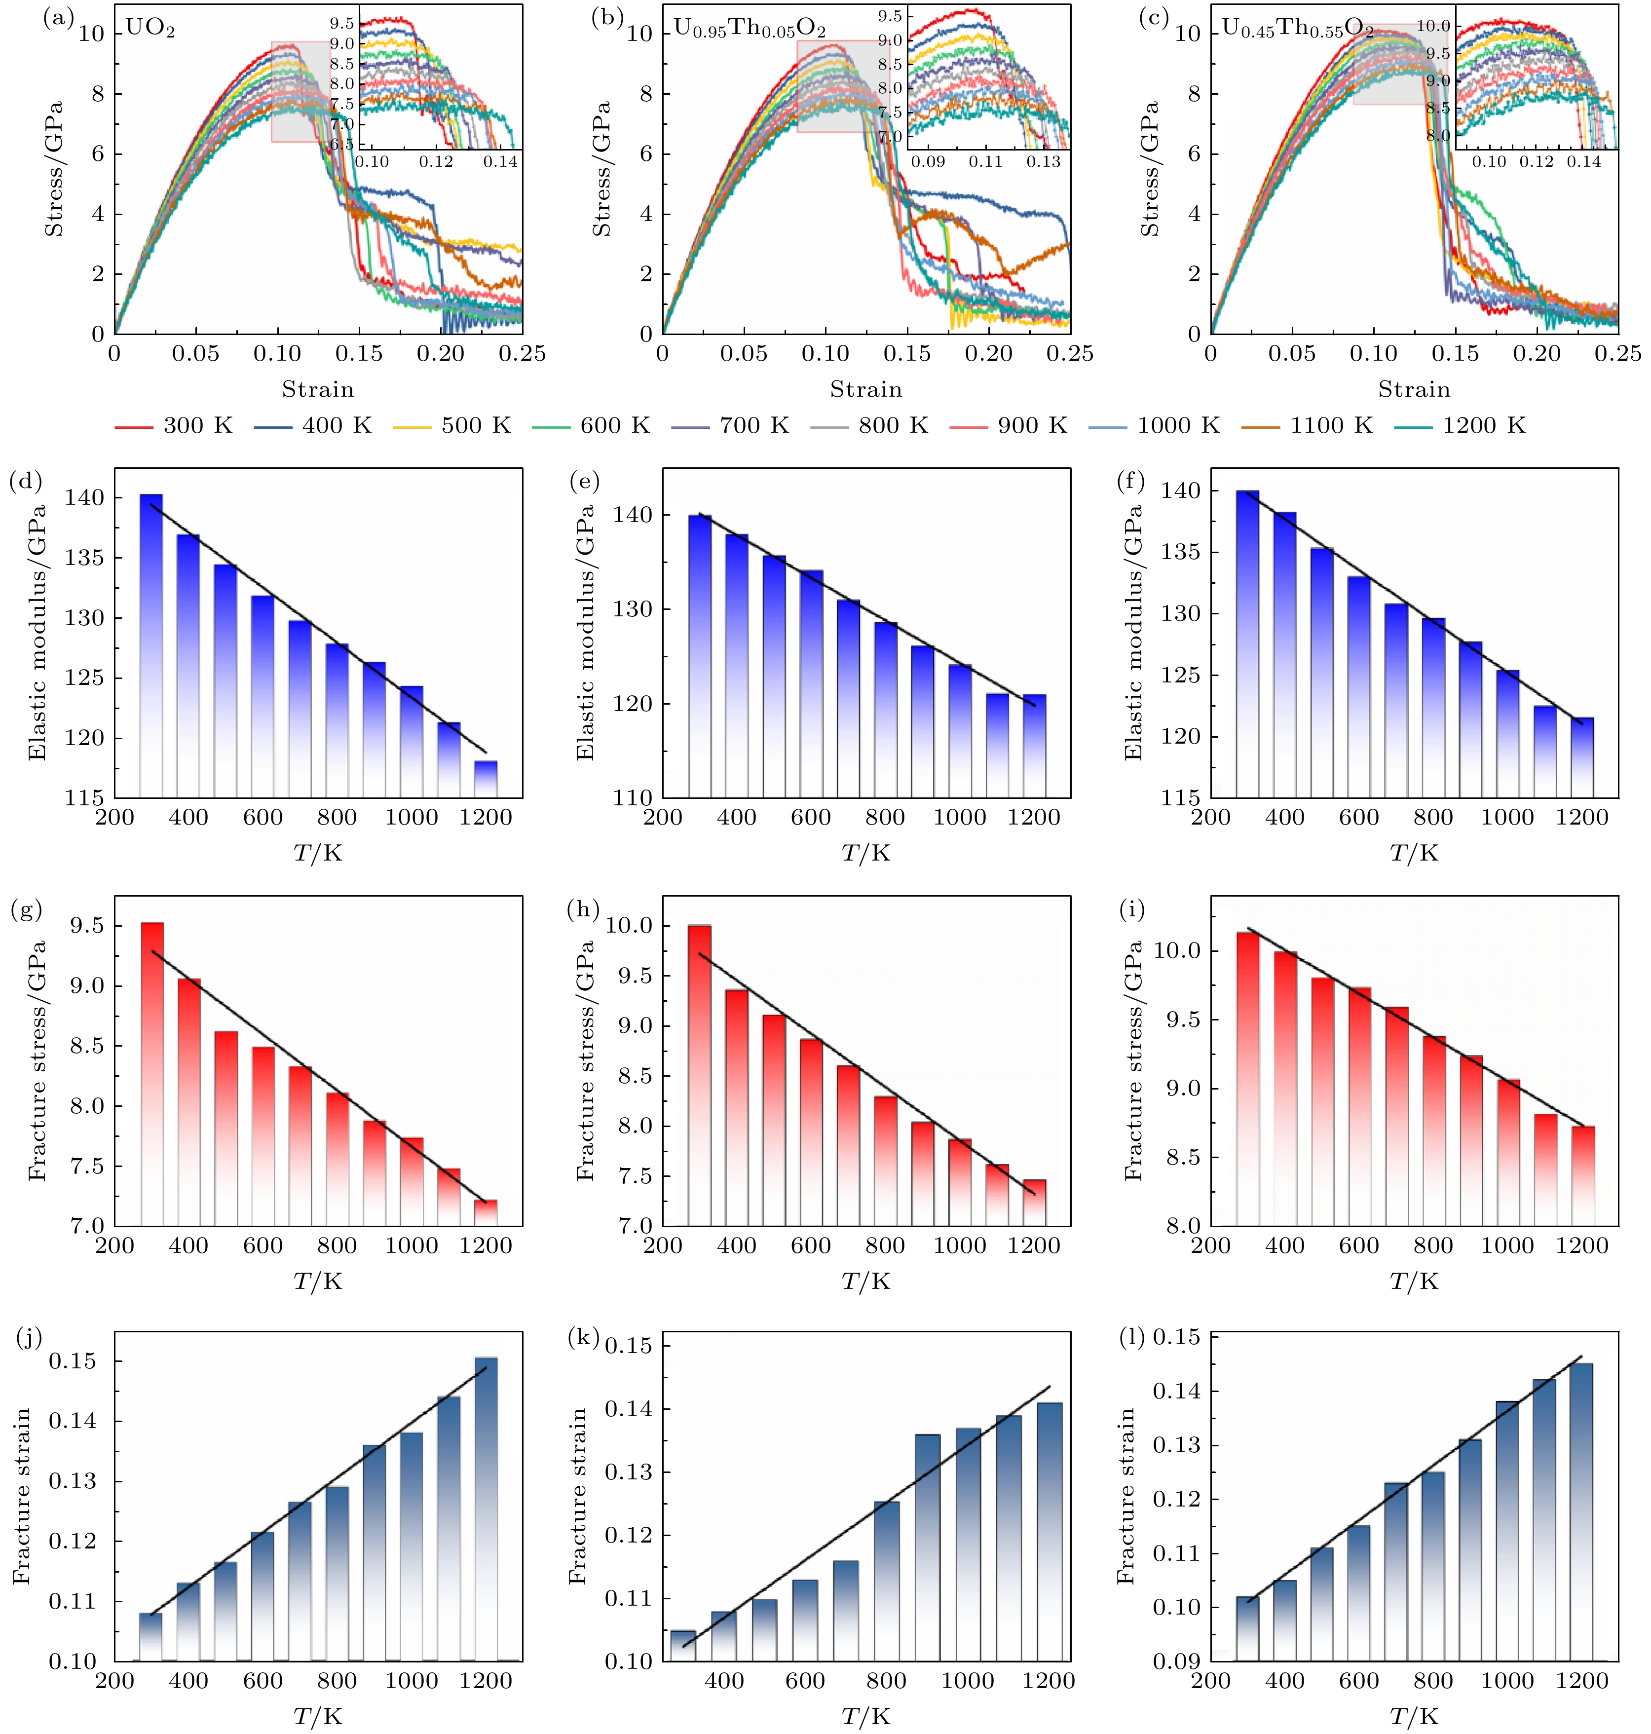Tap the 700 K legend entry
tap(730, 426)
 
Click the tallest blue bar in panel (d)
tap(151, 642)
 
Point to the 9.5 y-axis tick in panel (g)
tap(84, 926)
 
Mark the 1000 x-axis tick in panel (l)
tap(1506, 1680)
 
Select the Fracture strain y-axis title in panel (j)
tap(22, 1496)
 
